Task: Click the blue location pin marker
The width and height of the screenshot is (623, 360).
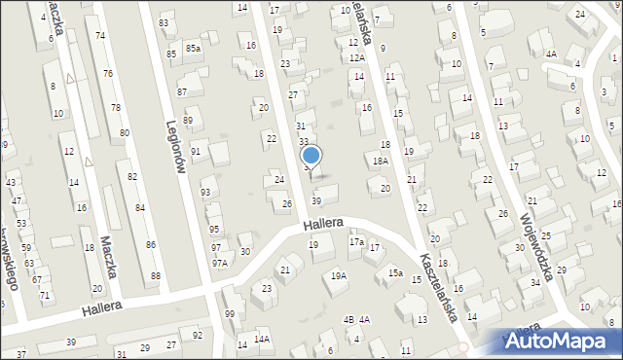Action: coord(311,156)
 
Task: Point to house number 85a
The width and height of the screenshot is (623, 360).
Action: coord(193,48)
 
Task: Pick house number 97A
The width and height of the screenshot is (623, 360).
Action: coord(220,263)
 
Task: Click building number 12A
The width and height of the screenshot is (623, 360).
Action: coord(357,58)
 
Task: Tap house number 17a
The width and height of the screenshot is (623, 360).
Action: coord(356,242)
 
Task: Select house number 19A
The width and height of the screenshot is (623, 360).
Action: coord(338,276)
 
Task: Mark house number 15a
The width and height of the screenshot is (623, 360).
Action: coord(395,273)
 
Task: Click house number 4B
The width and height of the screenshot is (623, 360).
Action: coord(348,319)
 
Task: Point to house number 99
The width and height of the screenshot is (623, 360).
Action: coord(229,313)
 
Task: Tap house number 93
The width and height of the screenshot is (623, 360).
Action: coord(204,193)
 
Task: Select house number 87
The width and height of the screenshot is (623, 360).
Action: coord(182,91)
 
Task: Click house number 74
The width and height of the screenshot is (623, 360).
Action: coord(100,35)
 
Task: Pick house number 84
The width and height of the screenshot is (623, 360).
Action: coord(140,208)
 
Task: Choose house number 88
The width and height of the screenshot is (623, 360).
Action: coord(156,276)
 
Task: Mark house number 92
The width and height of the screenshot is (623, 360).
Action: coord(198,336)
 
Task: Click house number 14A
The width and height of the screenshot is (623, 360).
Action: coord(262,339)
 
